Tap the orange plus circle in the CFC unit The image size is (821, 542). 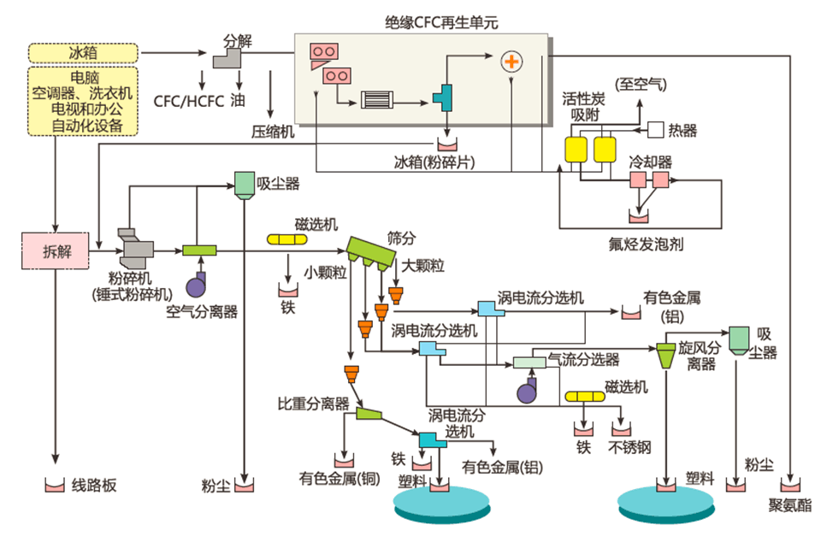click(x=511, y=61)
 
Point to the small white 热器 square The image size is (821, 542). click(x=655, y=130)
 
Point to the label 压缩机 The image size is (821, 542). click(x=272, y=132)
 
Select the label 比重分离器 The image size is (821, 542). click(x=314, y=404)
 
